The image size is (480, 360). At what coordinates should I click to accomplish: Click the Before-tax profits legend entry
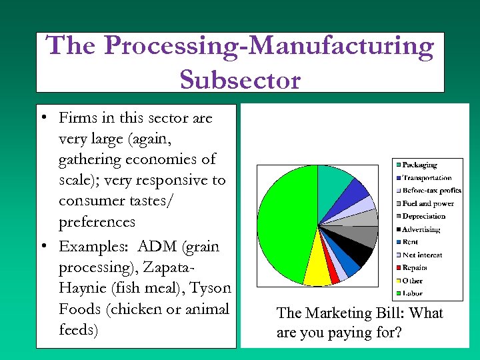[x=431, y=191]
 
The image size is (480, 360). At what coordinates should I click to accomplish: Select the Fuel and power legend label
[x=427, y=203]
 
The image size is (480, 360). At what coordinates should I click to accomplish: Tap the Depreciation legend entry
[x=423, y=216]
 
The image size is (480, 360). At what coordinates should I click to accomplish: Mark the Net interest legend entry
[x=422, y=255]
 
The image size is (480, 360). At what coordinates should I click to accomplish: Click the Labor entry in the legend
[x=412, y=293]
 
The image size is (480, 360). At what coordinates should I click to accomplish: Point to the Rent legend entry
[x=410, y=242]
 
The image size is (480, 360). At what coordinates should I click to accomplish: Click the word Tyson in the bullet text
[x=210, y=288]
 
